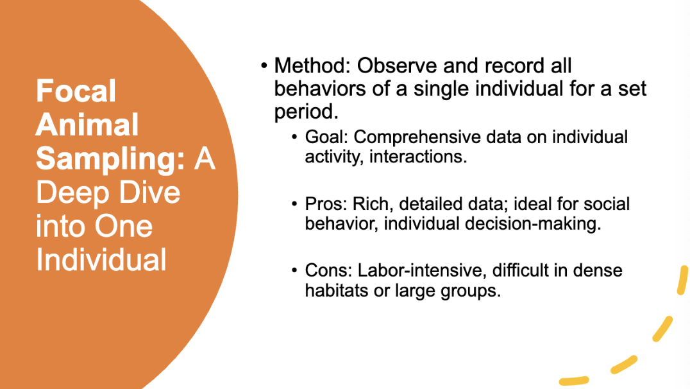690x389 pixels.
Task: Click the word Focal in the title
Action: [76, 91]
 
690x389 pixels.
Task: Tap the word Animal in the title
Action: [87, 125]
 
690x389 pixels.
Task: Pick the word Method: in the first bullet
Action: [312, 65]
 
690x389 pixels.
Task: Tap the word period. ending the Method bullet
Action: [306, 112]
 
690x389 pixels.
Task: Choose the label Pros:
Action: [327, 204]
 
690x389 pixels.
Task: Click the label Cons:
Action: [329, 271]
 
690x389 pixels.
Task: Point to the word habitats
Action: [336, 290]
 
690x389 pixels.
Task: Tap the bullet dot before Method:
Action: [264, 65]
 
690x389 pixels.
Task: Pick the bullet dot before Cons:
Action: [294, 271]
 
